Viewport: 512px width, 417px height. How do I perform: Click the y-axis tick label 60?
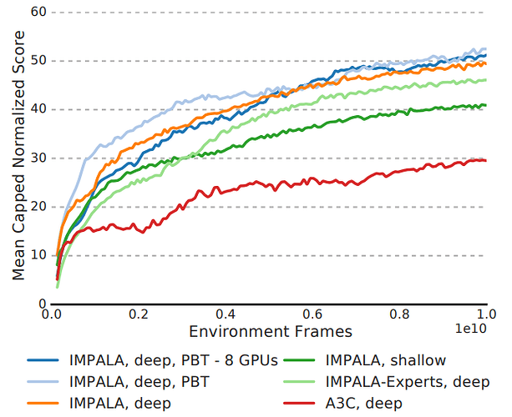(x=37, y=12)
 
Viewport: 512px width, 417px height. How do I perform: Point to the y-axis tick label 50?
(x=37, y=60)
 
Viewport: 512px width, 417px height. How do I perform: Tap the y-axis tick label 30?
(x=37, y=158)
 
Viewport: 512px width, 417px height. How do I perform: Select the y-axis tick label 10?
(x=37, y=255)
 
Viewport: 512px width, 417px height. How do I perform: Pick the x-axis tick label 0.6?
(x=312, y=314)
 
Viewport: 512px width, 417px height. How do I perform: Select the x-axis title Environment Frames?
(x=270, y=331)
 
